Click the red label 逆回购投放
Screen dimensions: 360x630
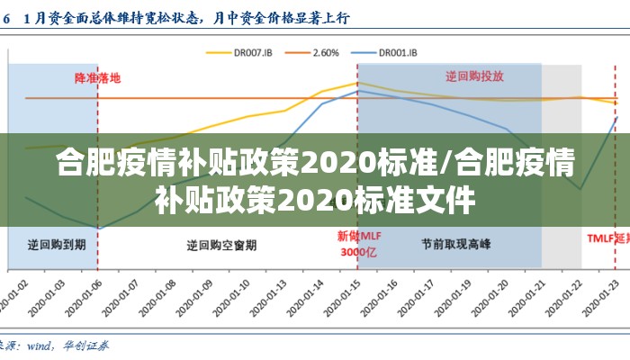tap(475, 76)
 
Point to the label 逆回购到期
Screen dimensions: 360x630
tap(57, 244)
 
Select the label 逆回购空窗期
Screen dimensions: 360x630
tap(221, 244)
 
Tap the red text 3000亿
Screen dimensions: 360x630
tap(356, 252)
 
